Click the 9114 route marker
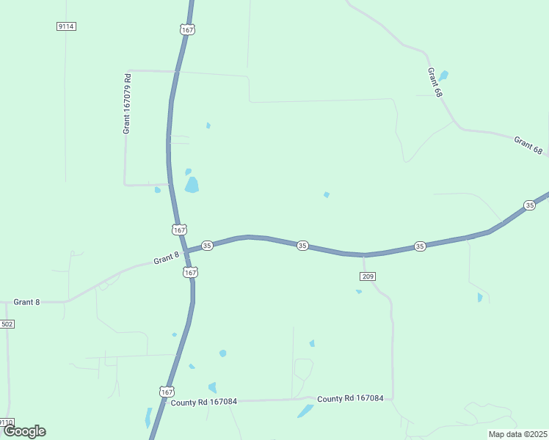click(66, 26)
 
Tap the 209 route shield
click(368, 276)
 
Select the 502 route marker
click(7, 323)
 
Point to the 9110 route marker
click(6, 422)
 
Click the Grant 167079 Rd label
click(127, 103)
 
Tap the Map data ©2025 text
click(517, 434)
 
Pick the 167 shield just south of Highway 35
click(190, 272)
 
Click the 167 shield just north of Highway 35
click(178, 230)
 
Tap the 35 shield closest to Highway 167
click(207, 246)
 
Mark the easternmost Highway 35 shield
click(529, 205)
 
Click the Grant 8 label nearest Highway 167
click(167, 258)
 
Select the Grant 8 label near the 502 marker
click(27, 301)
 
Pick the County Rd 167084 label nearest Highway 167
click(204, 401)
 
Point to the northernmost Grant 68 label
click(435, 83)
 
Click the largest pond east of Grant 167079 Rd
click(192, 184)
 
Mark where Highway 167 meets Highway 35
click(186, 251)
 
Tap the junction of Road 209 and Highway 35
click(364, 255)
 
